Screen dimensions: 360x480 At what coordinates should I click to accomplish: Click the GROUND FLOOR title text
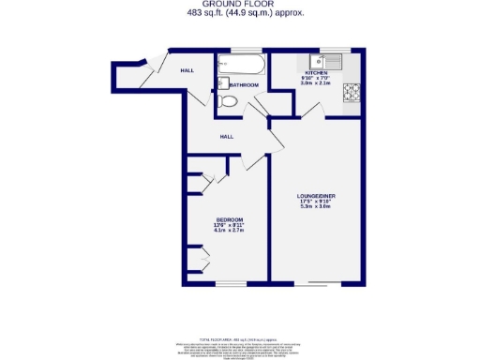point(239,4)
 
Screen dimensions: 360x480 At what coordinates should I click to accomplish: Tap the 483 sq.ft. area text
point(239,12)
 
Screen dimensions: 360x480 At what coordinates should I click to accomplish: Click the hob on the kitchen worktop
point(353,92)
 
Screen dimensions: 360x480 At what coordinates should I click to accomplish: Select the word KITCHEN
point(315,73)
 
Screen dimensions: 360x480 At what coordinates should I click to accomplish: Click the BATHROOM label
point(245,85)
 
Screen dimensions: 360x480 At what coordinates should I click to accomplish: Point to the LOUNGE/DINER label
point(318,195)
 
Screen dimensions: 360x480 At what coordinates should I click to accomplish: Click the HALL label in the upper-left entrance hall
point(187,70)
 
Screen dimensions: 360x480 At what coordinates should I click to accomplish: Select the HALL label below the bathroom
point(227,137)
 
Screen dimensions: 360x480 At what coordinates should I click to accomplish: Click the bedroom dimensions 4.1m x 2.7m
point(229,231)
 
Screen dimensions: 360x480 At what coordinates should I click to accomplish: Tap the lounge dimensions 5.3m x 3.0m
point(318,207)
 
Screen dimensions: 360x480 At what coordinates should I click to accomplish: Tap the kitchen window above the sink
point(335,49)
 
